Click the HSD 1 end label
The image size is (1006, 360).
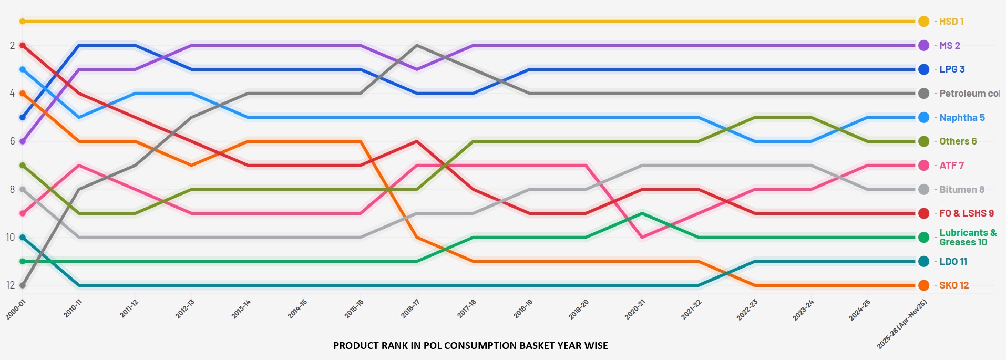pyautogui.click(x=951, y=22)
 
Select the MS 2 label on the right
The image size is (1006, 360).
pyautogui.click(x=949, y=46)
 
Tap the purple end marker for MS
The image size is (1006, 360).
pyautogui.click(x=923, y=45)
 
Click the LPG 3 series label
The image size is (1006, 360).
pyautogui.click(x=951, y=69)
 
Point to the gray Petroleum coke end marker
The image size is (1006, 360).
pyautogui.click(x=923, y=94)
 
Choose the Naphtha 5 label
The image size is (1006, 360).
pyautogui.click(x=962, y=118)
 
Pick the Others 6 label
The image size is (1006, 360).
pyautogui.click(x=958, y=141)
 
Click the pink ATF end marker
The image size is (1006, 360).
pyautogui.click(x=923, y=166)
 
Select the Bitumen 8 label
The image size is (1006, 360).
pyautogui.click(x=961, y=190)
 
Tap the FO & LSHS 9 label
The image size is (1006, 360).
pyautogui.click(x=966, y=213)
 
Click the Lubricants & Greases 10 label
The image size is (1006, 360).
pyautogui.click(x=967, y=238)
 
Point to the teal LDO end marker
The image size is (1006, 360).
pyautogui.click(x=923, y=261)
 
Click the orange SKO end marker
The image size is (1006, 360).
pyautogui.click(x=923, y=285)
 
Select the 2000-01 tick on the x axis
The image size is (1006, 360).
pyautogui.click(x=16, y=310)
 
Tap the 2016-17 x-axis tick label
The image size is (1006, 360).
pyautogui.click(x=410, y=309)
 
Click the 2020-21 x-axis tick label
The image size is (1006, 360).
pyautogui.click(x=635, y=310)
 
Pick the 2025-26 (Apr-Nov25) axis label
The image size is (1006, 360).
pyautogui.click(x=902, y=324)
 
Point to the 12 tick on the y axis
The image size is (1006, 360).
pyautogui.click(x=11, y=285)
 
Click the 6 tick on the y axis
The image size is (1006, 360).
pyautogui.click(x=12, y=141)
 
